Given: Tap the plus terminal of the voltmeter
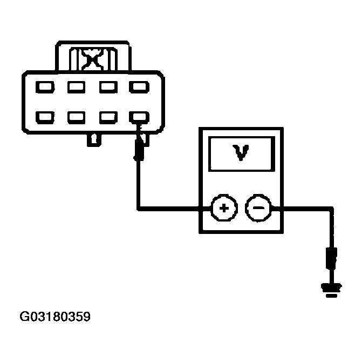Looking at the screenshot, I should coord(222,207).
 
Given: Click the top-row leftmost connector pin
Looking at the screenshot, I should coord(45,86).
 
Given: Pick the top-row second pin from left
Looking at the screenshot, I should coord(76,86).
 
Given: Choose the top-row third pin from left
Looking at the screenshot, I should coord(107,86).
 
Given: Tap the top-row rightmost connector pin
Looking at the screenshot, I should coord(139,86).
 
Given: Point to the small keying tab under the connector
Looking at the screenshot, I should coord(94,139).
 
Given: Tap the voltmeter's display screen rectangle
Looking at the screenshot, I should coord(241,154).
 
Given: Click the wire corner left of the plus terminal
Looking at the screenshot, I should coord(139,207).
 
